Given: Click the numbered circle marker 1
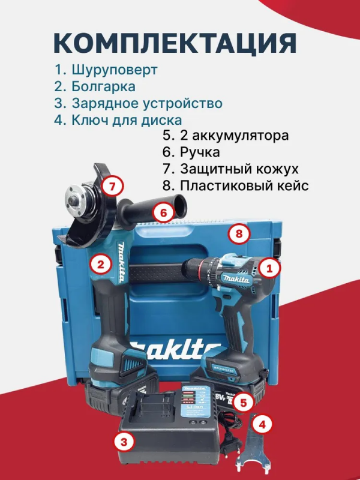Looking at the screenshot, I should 270,269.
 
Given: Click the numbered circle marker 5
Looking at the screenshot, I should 242,401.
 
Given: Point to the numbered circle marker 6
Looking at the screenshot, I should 163,211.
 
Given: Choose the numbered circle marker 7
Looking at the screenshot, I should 112,186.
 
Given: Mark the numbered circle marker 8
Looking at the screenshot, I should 239,235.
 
